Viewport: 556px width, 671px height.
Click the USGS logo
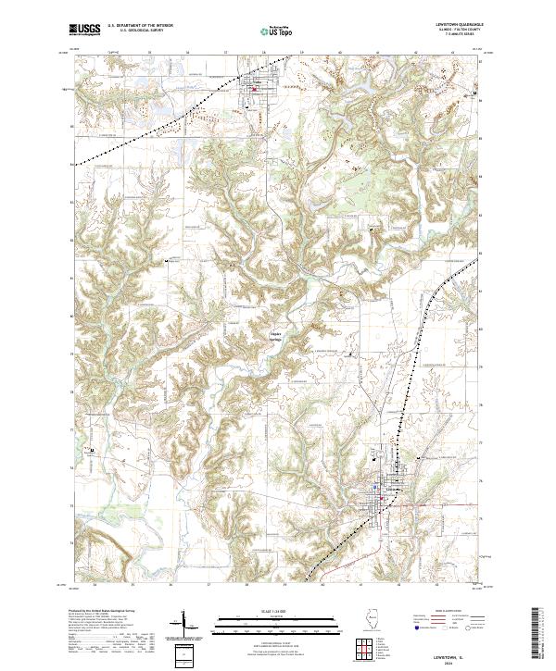[x=84, y=30]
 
